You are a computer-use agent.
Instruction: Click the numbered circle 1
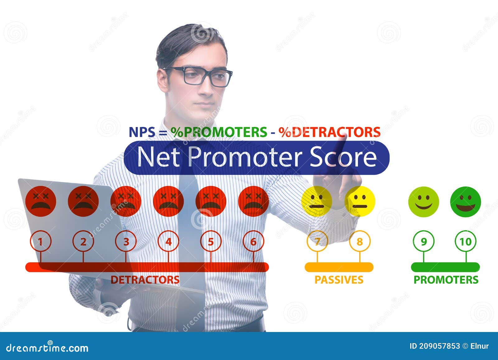pyautogui.click(x=40, y=241)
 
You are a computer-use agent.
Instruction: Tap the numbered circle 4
pyautogui.click(x=168, y=241)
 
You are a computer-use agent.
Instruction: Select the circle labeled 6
pyautogui.click(x=253, y=241)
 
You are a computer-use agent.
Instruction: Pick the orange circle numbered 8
pyautogui.click(x=360, y=241)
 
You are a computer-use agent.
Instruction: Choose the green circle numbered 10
pyautogui.click(x=466, y=241)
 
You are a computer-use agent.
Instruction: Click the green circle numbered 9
pyautogui.click(x=424, y=241)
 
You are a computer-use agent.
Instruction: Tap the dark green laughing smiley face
pyautogui.click(x=466, y=202)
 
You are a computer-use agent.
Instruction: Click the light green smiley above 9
pyautogui.click(x=424, y=202)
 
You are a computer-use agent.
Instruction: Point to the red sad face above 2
pyautogui.click(x=83, y=201)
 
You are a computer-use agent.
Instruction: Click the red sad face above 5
pyautogui.click(x=211, y=201)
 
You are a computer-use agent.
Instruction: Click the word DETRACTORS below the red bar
pyautogui.click(x=145, y=280)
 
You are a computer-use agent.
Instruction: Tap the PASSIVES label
pyautogui.click(x=339, y=280)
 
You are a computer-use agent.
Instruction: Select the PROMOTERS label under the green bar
pyautogui.click(x=446, y=280)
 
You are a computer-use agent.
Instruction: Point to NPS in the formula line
pyautogui.click(x=142, y=132)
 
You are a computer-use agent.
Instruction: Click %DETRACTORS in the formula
pyautogui.click(x=329, y=132)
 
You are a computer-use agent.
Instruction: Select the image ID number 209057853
pyautogui.click(x=439, y=346)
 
